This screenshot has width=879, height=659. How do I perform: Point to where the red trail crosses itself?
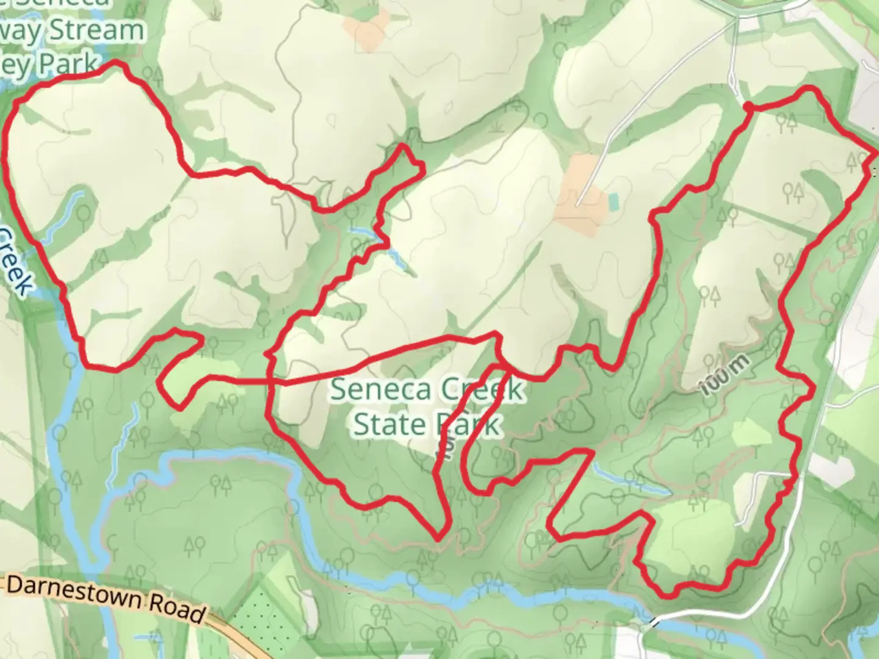pos(270,382)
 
